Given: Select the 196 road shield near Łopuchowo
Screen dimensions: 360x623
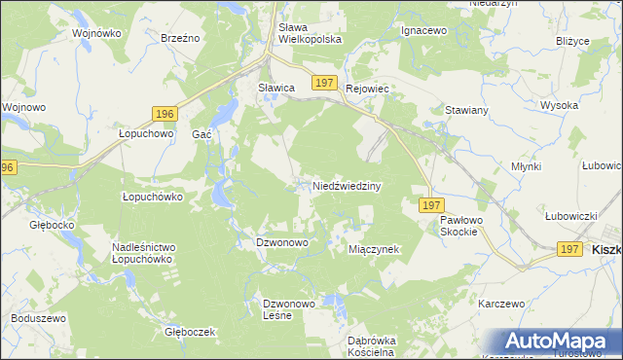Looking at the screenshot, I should click(x=164, y=114).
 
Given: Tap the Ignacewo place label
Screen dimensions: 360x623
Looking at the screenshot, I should click(x=423, y=30).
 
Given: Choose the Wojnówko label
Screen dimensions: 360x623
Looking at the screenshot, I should click(x=96, y=33).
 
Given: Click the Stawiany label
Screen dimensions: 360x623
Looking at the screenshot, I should click(x=466, y=111).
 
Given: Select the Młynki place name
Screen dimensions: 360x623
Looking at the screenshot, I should click(x=527, y=166).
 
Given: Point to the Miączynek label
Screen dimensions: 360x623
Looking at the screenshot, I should click(x=375, y=249).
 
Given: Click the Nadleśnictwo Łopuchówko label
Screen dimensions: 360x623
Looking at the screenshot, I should click(x=142, y=254).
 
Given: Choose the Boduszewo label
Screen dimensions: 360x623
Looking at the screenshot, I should click(x=38, y=318).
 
